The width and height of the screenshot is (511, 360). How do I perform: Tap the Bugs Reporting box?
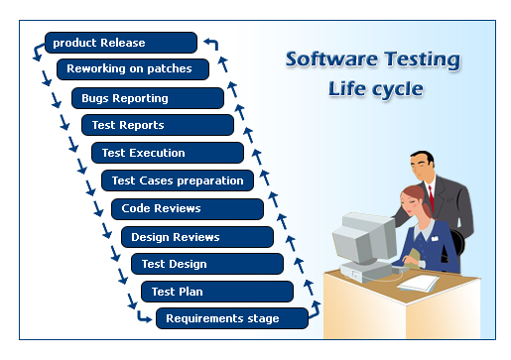click(147, 98)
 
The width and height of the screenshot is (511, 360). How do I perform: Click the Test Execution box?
click(167, 153)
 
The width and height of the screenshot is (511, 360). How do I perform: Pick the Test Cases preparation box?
click(177, 180)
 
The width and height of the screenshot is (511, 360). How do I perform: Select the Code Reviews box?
click(187, 208)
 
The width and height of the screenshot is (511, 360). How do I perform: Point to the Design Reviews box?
click(196, 237)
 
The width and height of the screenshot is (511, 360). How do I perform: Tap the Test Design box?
click(206, 264)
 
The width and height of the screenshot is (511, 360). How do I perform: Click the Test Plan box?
click(216, 292)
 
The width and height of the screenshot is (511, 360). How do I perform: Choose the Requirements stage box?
click(231, 318)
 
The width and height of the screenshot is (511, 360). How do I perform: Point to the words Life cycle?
click(375, 89)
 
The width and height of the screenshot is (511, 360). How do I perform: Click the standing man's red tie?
click(431, 192)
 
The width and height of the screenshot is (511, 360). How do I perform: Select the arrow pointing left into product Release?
click(211, 43)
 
